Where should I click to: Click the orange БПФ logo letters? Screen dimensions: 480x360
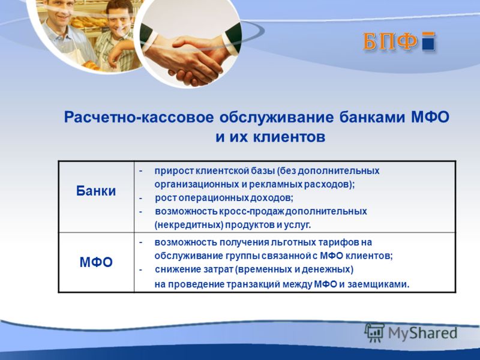pyautogui.click(x=390, y=41)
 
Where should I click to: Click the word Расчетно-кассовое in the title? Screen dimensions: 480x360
pyautogui.click(x=139, y=118)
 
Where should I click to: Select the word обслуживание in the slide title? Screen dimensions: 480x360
pyautogui.click(x=276, y=118)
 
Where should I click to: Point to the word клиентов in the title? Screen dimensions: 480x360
pyautogui.click(x=289, y=137)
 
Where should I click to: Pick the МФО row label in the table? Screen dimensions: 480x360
pyautogui.click(x=96, y=262)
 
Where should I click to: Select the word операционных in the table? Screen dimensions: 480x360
pyautogui.click(x=214, y=199)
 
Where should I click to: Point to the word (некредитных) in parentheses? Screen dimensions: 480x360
pyautogui.click(x=189, y=225)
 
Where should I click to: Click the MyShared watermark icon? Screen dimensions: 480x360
pyautogui.click(x=374, y=333)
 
